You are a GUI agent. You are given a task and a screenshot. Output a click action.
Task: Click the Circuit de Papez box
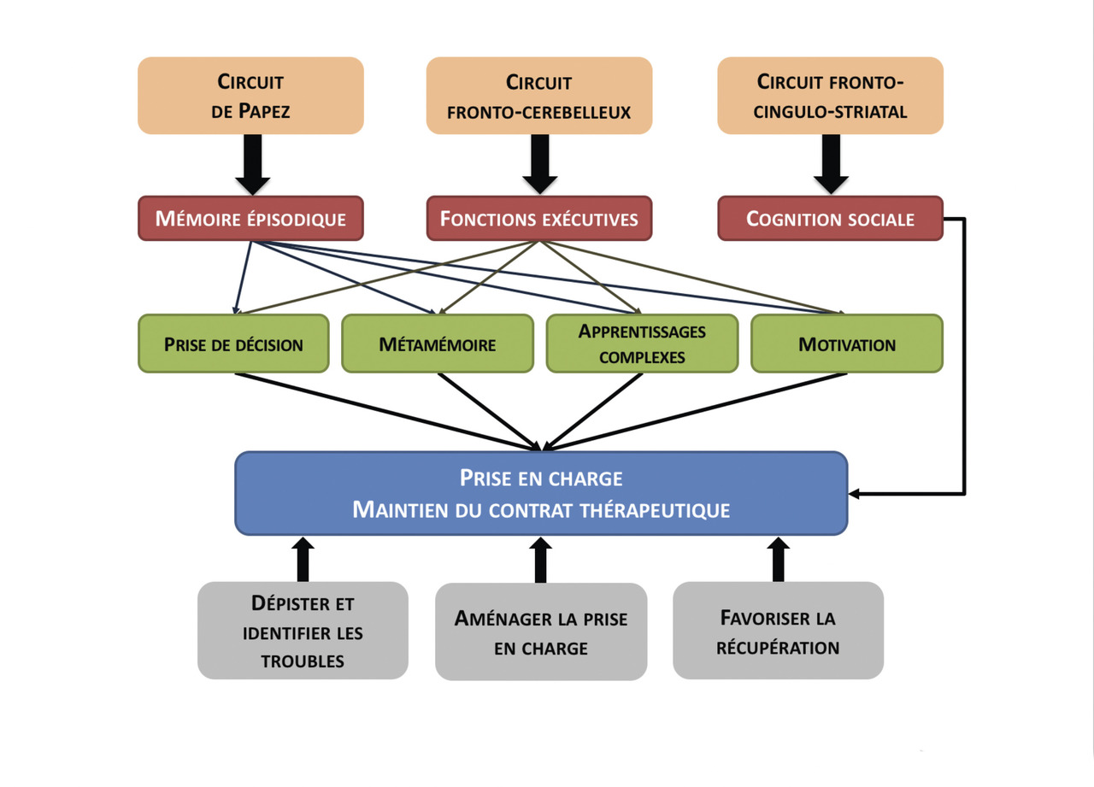tap(250, 96)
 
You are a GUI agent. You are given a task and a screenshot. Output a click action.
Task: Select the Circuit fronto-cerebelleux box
tap(539, 96)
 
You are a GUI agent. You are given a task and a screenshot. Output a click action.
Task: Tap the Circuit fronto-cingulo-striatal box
tap(830, 96)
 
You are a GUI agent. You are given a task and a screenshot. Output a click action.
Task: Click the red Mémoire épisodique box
tap(250, 219)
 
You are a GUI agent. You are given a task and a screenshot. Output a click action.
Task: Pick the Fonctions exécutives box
tap(539, 219)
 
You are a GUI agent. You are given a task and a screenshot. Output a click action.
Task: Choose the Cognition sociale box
tap(830, 219)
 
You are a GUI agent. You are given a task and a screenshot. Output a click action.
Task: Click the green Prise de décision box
tap(233, 344)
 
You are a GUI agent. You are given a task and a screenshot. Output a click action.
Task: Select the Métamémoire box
tap(438, 344)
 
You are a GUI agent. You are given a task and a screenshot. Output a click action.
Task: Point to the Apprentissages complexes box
tap(642, 344)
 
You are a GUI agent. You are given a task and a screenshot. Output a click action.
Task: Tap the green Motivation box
tap(847, 344)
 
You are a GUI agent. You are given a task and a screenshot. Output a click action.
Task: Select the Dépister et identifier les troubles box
tap(303, 631)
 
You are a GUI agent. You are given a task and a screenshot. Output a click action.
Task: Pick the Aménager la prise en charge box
tap(541, 632)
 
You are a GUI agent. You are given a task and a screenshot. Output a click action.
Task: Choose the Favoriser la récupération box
tap(778, 631)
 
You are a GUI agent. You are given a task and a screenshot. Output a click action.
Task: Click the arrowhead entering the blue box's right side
tap(856, 494)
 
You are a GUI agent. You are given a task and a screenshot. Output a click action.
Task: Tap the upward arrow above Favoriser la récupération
tap(778, 560)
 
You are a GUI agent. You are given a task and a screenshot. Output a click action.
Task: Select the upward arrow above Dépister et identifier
tap(303, 560)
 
